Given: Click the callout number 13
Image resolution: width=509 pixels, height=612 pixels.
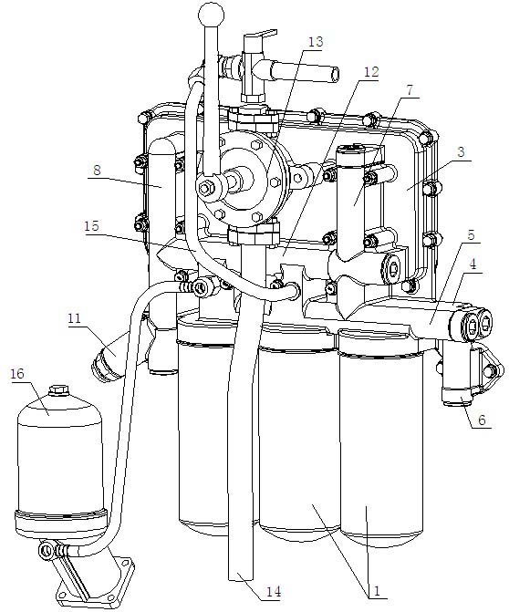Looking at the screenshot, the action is point(316,41).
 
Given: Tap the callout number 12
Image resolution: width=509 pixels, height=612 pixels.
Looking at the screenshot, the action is point(371,72).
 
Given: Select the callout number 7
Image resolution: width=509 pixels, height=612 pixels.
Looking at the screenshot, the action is point(409,90).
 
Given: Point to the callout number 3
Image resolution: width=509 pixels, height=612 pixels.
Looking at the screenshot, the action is point(461,151).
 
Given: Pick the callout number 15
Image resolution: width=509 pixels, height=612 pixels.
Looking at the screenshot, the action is point(92,226).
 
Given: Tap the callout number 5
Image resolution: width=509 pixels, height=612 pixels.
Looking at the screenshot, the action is point(471,235).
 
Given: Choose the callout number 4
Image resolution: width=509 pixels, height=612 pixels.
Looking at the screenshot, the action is point(473,264).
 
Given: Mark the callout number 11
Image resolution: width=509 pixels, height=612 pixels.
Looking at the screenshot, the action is point(74,318).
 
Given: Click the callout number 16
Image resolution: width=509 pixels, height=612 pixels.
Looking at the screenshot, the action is point(17,374).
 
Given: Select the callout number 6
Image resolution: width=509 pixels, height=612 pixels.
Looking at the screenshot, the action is point(482,420).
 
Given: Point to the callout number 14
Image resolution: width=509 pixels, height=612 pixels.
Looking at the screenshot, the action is point(274,592).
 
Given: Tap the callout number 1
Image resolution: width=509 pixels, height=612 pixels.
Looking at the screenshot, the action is point(377,590).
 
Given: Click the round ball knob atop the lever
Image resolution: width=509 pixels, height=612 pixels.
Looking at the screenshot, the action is point(212,15).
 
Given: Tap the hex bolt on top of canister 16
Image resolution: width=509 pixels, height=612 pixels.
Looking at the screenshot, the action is point(58,389).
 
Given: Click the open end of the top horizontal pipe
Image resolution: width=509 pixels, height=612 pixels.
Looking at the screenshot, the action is point(335,75).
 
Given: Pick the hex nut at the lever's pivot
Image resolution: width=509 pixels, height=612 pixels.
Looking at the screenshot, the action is point(205,189).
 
